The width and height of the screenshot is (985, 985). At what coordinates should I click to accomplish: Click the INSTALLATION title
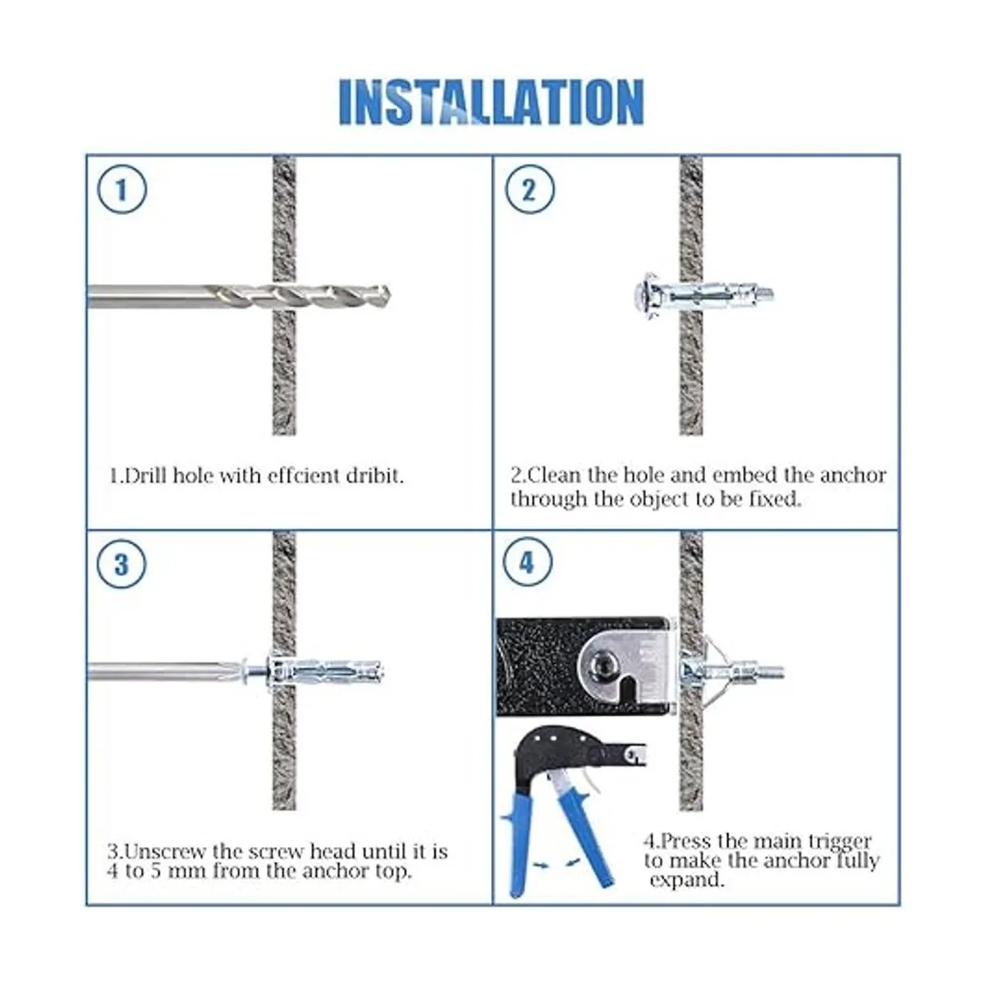tap(491, 102)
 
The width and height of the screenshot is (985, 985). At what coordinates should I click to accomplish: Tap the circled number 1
tap(121, 189)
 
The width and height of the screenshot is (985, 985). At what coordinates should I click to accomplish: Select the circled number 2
tap(529, 189)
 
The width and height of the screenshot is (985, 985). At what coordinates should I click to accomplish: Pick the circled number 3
tap(121, 565)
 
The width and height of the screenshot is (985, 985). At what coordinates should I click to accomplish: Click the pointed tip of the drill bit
tap(390, 295)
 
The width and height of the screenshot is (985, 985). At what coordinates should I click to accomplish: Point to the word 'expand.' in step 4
tap(687, 881)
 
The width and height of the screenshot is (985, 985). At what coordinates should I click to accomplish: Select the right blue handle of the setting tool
tap(588, 838)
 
